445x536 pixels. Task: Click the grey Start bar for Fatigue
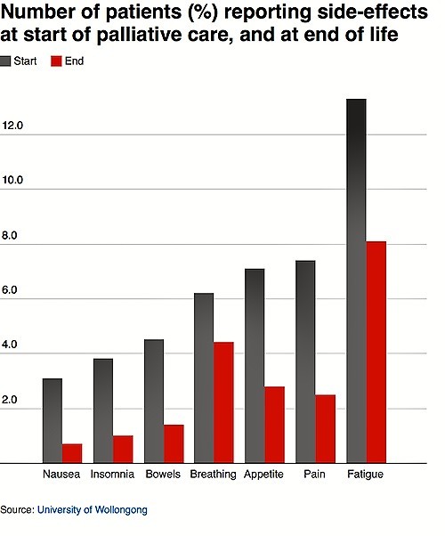click(356, 281)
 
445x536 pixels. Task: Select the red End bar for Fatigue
click(376, 353)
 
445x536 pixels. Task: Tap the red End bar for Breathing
click(224, 402)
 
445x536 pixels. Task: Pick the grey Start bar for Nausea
click(53, 421)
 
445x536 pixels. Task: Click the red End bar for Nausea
click(72, 453)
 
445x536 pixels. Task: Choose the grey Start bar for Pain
click(305, 362)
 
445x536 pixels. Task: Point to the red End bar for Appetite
click(274, 425)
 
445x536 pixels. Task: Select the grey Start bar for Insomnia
click(103, 410)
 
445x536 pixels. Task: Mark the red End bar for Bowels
click(174, 444)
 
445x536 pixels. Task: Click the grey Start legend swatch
click(5, 61)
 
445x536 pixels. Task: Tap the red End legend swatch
click(56, 61)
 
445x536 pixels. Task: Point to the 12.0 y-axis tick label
click(12, 126)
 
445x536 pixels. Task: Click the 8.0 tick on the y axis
click(10, 236)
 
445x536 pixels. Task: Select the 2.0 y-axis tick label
click(10, 400)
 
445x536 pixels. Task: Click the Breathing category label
click(214, 475)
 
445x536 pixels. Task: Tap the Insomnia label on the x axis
click(112, 475)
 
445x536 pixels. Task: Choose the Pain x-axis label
click(314, 475)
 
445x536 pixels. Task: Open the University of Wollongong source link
click(93, 509)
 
